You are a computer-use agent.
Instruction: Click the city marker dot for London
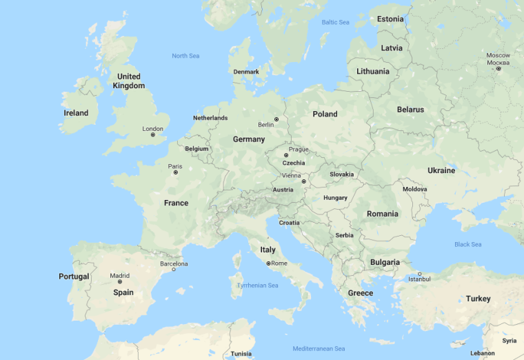pyautogui.click(x=153, y=134)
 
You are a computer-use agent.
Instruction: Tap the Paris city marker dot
pyautogui.click(x=175, y=172)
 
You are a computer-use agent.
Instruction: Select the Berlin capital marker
pyautogui.click(x=276, y=119)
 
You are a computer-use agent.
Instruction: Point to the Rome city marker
pyautogui.click(x=268, y=263)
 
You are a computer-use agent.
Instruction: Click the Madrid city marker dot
pyautogui.click(x=120, y=282)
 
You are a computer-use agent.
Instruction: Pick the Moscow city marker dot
pyautogui.click(x=498, y=68)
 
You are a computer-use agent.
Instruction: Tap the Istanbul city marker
pyautogui.click(x=419, y=274)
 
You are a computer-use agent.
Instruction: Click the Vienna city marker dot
pyautogui.click(x=303, y=181)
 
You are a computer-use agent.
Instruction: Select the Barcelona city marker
pyautogui.click(x=173, y=270)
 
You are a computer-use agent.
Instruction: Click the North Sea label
pyautogui.click(x=185, y=56)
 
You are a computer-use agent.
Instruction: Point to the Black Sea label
pyautogui.click(x=467, y=244)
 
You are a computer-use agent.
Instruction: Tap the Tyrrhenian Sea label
pyautogui.click(x=257, y=286)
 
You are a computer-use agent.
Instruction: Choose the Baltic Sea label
pyautogui.click(x=335, y=23)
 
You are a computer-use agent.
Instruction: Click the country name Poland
pyautogui.click(x=325, y=114)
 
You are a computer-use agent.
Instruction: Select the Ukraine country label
pyautogui.click(x=441, y=170)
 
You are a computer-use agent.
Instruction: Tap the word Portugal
pyautogui.click(x=74, y=277)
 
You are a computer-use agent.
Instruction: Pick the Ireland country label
pyautogui.click(x=76, y=113)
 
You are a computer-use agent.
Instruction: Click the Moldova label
pyautogui.click(x=415, y=189)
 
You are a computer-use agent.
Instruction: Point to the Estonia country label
pyautogui.click(x=390, y=19)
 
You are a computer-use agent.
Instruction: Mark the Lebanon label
pyautogui.click(x=483, y=353)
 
